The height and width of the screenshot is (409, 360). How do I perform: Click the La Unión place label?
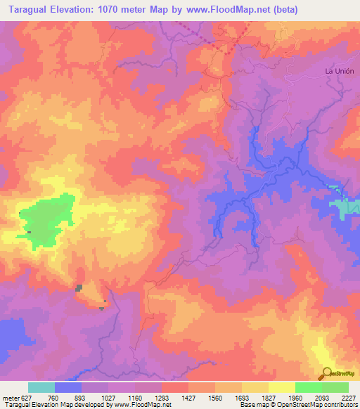tap(339, 72)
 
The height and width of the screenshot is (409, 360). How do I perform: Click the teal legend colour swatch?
tap(41, 387)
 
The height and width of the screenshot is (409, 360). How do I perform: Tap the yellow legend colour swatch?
tap(282, 387)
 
